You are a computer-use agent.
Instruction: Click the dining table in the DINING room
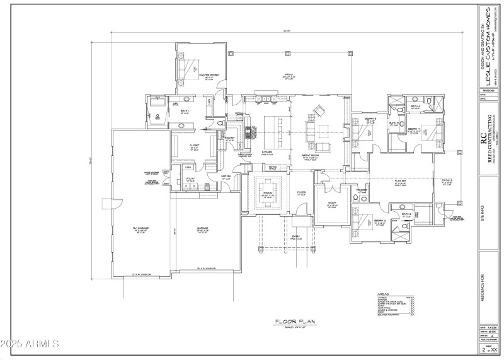(266, 196)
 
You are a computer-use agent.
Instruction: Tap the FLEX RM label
(399, 182)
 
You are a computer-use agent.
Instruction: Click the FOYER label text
(301, 194)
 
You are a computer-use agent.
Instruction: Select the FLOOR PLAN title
(289, 322)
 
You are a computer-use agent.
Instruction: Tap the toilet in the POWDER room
(357, 199)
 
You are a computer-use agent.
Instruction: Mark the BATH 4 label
(415, 107)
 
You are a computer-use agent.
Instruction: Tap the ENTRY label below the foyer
(295, 237)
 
